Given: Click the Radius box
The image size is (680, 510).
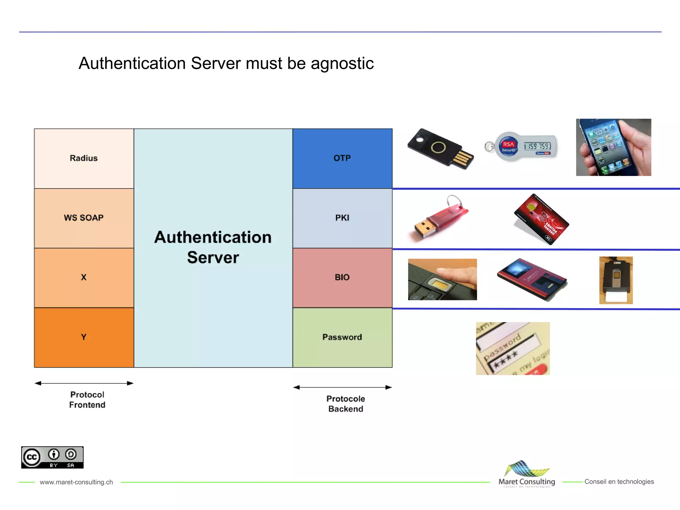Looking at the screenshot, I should (84, 158).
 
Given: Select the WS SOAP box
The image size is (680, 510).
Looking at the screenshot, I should (84, 218).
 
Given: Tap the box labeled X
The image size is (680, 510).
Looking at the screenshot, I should (84, 278).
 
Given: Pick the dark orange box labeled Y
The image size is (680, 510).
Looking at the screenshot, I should (84, 337).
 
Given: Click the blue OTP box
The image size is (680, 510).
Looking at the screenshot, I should (342, 158).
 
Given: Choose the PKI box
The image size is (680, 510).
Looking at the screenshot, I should (342, 218).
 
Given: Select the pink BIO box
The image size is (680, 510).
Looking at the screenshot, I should (342, 278).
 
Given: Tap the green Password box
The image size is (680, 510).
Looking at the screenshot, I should (342, 337).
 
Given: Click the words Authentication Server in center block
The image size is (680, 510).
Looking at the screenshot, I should (213, 247).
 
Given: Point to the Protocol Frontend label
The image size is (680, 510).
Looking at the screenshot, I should (87, 400).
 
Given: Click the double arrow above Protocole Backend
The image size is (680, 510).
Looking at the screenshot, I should (342, 387).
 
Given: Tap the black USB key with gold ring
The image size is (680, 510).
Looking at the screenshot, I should (440, 149).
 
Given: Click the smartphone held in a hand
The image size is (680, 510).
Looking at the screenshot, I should (613, 147).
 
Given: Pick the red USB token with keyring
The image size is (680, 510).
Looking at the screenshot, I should (441, 218).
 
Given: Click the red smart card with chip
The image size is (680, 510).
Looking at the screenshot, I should (541, 219).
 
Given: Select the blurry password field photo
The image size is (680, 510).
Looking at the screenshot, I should (513, 348).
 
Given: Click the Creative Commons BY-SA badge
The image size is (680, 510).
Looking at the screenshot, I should (52, 457).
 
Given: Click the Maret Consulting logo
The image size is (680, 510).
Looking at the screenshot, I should (527, 474).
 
